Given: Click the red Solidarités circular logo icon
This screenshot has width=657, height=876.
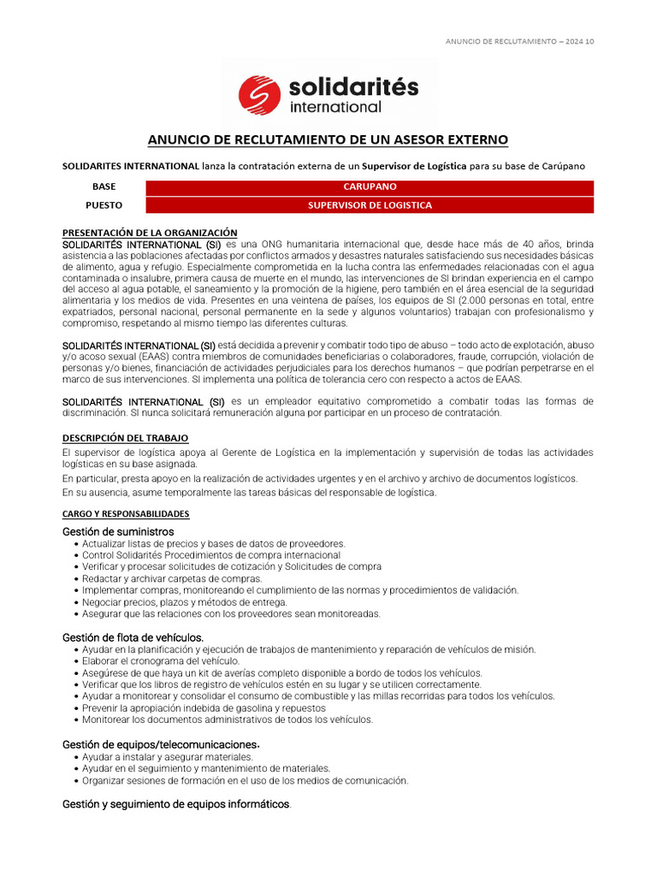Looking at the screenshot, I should click(260, 94).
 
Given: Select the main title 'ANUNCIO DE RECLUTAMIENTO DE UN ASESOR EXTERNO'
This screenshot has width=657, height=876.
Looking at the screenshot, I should click(328, 139).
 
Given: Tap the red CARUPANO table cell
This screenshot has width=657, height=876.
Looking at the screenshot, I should click(370, 186).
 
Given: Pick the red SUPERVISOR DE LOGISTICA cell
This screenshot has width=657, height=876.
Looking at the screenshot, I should click(370, 205).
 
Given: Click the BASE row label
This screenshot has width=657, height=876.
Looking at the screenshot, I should click(104, 186).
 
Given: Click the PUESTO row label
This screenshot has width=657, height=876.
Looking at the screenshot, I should click(104, 205).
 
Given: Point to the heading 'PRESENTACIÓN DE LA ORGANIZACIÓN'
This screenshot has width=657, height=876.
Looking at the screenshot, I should click(150, 233).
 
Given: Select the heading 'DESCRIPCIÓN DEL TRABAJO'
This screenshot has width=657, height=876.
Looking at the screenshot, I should click(125, 438).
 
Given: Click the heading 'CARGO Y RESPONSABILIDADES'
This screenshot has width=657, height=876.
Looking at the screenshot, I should click(126, 514).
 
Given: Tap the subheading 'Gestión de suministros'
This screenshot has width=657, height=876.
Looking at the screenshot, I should click(118, 531).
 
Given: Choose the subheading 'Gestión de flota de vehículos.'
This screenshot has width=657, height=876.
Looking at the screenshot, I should click(133, 637).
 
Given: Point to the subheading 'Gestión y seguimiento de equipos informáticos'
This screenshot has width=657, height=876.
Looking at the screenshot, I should click(176, 805).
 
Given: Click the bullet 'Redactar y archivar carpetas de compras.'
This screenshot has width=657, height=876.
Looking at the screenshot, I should click(172, 578).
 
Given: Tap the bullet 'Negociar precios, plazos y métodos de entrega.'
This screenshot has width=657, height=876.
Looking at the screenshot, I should click(185, 602).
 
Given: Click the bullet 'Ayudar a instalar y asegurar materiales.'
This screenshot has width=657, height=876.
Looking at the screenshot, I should click(168, 757).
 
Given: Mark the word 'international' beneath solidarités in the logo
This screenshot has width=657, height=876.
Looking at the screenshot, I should click(335, 108).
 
